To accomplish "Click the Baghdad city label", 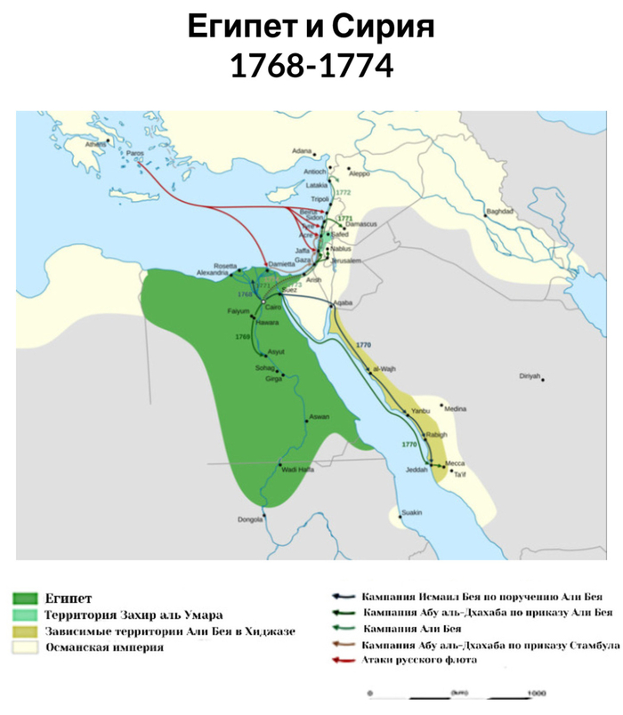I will (498, 212).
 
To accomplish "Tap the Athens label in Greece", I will (93, 144).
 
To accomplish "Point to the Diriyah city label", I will (530, 377).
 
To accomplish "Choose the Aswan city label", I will (318, 417).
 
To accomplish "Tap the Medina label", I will (455, 408).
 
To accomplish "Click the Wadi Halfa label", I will (297, 469).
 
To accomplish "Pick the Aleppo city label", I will (359, 174).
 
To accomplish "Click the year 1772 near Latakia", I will (344, 192).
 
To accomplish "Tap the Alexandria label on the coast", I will (214, 273).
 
